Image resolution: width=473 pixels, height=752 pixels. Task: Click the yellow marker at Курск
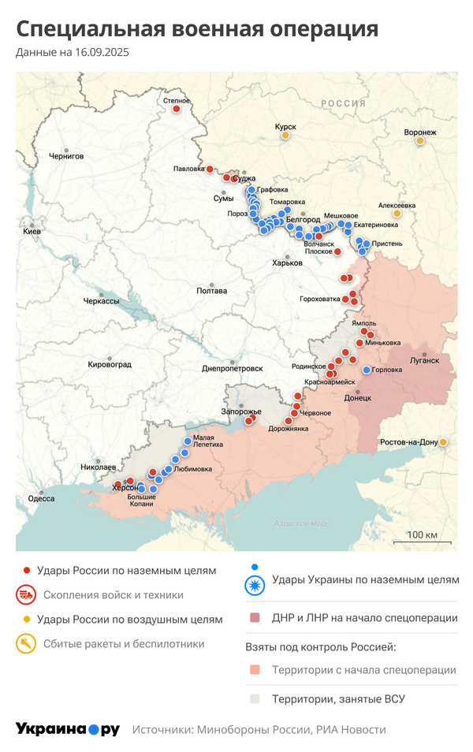(285, 136)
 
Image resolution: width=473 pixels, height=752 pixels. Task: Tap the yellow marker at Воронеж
(420, 141)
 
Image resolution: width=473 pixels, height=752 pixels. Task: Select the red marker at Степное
(177, 110)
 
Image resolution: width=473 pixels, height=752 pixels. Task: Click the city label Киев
(32, 232)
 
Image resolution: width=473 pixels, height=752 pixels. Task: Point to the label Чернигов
(66, 156)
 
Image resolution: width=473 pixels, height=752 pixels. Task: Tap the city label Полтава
(212, 291)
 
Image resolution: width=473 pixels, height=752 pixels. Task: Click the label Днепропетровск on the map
(233, 368)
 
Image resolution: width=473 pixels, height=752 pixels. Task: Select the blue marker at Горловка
(367, 370)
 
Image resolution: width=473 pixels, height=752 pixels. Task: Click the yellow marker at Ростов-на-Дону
(444, 442)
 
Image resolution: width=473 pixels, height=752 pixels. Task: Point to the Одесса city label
(41, 498)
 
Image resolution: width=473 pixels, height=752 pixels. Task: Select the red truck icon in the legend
(26, 595)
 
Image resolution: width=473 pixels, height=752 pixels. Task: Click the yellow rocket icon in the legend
(26, 644)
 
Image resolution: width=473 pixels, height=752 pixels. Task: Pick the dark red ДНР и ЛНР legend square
(255, 618)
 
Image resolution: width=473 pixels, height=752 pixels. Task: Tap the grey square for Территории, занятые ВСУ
(255, 698)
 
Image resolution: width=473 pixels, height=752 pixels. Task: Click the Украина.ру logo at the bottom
(67, 729)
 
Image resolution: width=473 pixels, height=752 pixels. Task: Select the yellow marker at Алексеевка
(397, 213)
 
